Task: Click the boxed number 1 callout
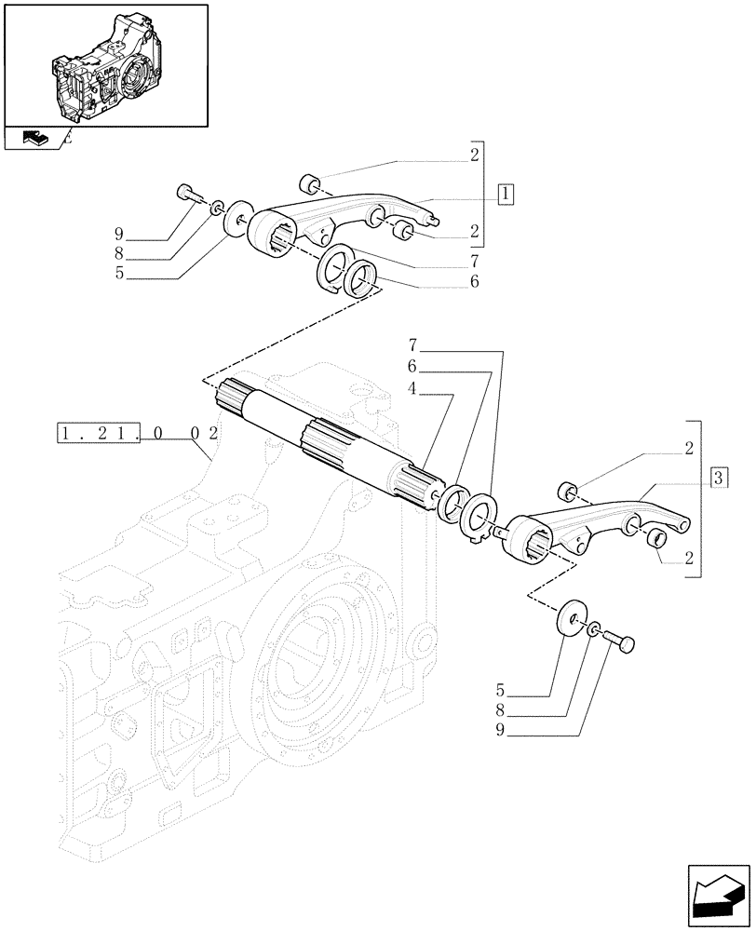point(504,195)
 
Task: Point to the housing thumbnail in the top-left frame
point(104,66)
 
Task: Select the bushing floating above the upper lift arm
point(311,180)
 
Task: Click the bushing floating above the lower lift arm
point(567,491)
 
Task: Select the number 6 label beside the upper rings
point(475,280)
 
